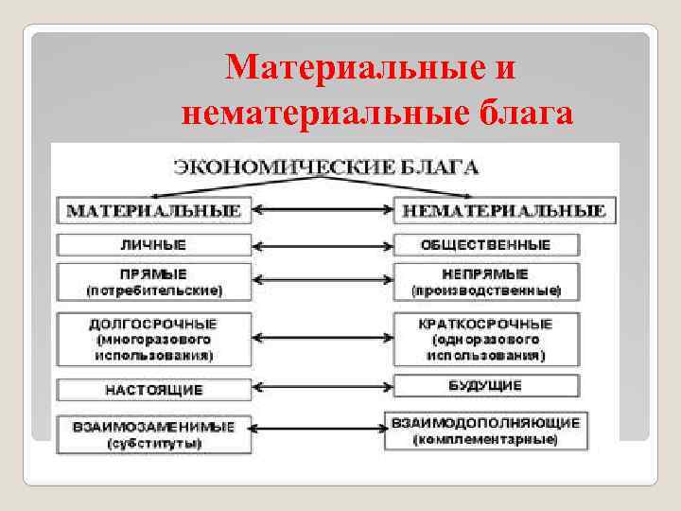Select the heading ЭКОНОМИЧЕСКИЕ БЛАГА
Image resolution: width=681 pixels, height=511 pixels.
[325, 168]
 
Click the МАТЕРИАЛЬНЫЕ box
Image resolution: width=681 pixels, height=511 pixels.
[154, 209]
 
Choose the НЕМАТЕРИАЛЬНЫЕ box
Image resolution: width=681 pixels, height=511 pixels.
[505, 209]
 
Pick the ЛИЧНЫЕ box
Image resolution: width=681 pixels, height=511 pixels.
[154, 245]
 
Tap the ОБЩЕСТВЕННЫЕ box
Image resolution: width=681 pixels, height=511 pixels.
[485, 245]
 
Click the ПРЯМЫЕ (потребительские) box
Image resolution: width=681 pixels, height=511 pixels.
[154, 280]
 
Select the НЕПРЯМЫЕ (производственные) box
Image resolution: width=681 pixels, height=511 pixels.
[485, 280]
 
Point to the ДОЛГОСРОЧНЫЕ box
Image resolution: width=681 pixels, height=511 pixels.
[154, 339]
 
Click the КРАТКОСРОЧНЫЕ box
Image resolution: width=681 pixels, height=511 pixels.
[485, 339]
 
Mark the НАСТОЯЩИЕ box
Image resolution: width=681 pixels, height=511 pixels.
[154, 389]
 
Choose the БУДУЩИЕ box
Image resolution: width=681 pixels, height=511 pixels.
[485, 386]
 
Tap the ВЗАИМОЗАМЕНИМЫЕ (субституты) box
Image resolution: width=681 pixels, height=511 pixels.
[154, 433]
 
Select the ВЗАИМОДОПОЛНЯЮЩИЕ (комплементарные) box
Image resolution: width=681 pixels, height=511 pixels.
[485, 430]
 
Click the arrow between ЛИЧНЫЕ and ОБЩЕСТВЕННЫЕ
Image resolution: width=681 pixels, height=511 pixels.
[322, 245]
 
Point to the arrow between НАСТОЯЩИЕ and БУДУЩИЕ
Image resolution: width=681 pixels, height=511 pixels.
[322, 388]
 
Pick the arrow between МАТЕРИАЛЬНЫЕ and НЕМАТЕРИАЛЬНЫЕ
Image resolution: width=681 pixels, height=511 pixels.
[322, 209]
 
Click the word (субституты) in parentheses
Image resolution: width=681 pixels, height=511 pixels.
[154, 443]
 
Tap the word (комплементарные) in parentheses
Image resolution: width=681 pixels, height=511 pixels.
[485, 440]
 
